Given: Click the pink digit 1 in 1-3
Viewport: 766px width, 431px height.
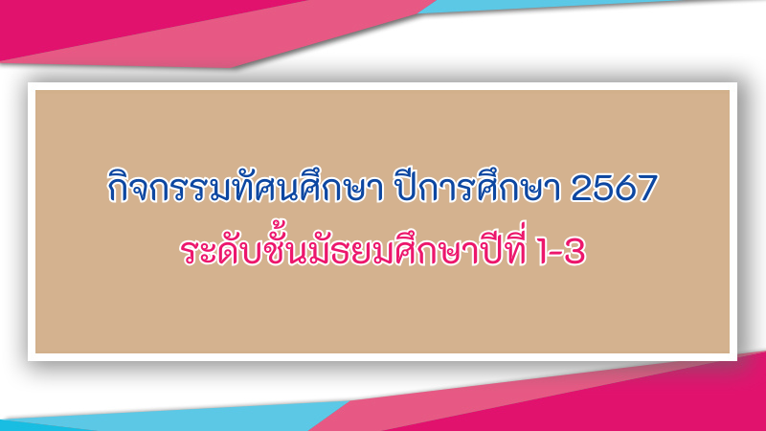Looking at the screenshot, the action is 543,252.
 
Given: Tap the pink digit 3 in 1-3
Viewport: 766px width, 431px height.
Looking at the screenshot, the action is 575,252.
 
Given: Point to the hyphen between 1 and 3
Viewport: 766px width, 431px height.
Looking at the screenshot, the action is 557,254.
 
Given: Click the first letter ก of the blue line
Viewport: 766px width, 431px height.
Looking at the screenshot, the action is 118,188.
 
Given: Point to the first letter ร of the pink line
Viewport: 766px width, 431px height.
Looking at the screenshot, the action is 190,252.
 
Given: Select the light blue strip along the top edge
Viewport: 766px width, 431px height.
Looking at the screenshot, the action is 562,5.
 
